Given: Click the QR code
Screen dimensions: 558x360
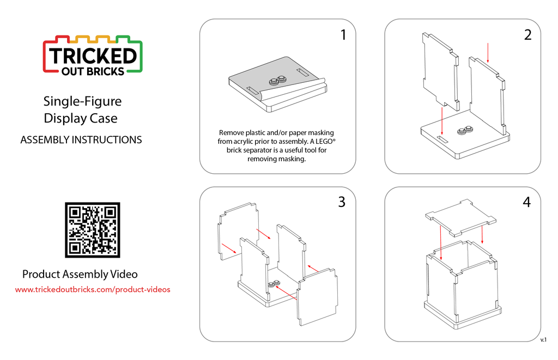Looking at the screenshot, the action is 93,230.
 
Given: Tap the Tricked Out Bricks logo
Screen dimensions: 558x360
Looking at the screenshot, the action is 93,56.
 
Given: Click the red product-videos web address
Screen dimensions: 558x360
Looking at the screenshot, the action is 93,290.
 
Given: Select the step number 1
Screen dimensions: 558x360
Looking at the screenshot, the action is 343,35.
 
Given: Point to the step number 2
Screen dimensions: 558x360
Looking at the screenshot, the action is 527,35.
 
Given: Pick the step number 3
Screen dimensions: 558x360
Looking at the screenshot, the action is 342,202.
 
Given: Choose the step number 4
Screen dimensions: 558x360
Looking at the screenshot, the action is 527,202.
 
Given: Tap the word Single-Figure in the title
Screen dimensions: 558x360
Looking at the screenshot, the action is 83,101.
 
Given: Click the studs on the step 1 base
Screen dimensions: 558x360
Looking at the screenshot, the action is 278,81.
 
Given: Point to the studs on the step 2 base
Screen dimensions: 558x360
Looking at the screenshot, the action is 465,131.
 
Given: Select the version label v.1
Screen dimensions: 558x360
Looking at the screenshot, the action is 543,340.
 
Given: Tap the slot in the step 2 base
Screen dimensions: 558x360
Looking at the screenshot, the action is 442,139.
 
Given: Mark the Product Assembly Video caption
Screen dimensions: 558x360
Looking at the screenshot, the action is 80,274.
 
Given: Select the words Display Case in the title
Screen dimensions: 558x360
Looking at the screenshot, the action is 81,119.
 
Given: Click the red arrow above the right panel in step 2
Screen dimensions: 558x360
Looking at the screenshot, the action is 488,53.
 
